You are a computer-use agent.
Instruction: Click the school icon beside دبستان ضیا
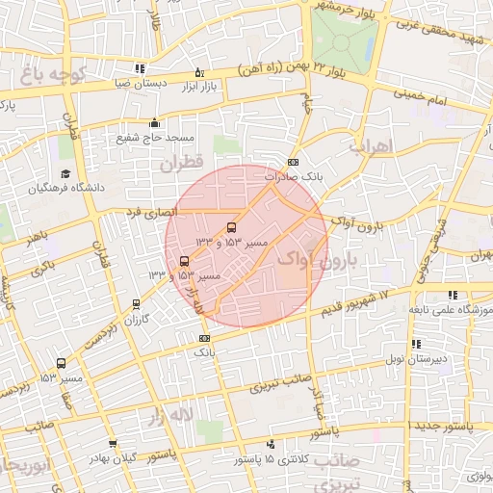(141, 68)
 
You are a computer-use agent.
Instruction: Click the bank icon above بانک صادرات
(294, 162)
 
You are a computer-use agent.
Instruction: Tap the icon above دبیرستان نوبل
(415, 344)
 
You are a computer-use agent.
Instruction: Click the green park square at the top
(345, 39)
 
